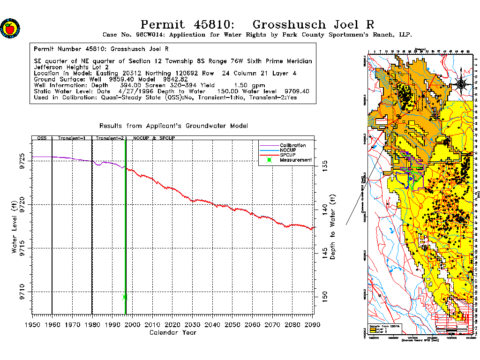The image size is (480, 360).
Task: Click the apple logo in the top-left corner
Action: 10,28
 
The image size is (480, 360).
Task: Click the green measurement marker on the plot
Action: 125,297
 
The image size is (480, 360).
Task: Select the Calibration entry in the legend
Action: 292,145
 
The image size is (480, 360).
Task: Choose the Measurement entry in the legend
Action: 295,160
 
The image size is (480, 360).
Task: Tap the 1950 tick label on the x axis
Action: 32,325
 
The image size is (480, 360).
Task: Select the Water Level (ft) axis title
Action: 15,227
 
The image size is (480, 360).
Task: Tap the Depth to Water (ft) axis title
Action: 333,227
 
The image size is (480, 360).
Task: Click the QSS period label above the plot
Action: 42,139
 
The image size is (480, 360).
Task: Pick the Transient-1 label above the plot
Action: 71,139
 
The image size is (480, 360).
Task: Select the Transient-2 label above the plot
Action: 109,139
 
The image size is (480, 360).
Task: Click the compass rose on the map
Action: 461,84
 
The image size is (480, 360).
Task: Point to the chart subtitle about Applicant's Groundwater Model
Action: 173,126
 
